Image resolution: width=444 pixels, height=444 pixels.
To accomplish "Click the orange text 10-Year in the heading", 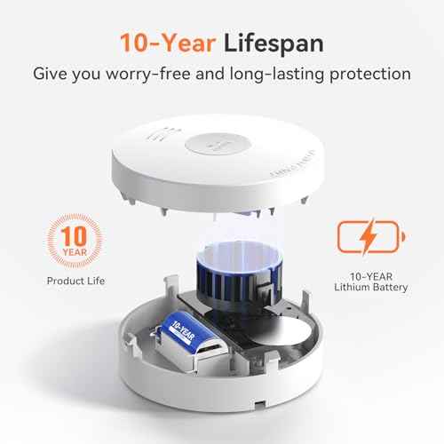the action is (x=168, y=44).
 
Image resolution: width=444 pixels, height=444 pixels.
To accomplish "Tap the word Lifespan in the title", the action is (x=274, y=44).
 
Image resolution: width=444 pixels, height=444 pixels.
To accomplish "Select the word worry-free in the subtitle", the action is (x=148, y=74).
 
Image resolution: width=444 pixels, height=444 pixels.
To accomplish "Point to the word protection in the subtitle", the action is (x=370, y=74).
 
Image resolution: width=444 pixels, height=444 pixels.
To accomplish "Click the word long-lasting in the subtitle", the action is (x=277, y=74).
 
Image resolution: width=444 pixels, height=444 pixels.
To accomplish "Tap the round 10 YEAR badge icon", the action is (x=75, y=241).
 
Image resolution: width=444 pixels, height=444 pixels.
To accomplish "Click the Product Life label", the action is (x=75, y=281).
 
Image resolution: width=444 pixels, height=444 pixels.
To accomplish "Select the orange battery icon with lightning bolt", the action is (x=371, y=237).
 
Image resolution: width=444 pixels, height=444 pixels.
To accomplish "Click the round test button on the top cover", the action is (x=218, y=145).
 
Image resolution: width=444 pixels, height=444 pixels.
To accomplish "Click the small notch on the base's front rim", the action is (x=260, y=402).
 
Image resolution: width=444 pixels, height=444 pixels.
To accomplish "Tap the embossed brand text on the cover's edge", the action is (x=293, y=164).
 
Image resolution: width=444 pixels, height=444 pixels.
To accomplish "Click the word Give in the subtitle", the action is (x=50, y=74).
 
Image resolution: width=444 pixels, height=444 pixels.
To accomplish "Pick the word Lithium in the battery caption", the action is (x=352, y=287).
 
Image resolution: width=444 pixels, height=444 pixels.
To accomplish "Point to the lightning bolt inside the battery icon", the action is (x=368, y=236).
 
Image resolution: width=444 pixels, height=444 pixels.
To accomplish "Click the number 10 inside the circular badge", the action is (x=74, y=236).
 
